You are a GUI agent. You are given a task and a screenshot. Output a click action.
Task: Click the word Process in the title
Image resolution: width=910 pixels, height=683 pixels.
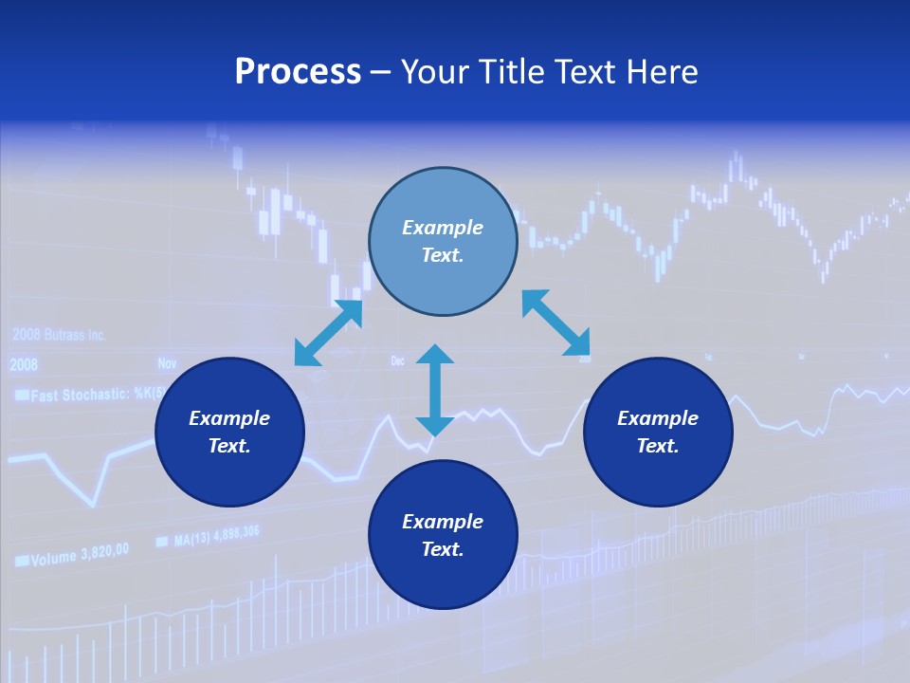click(298, 72)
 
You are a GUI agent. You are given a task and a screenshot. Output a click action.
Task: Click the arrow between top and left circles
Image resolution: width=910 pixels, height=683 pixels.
click(328, 332)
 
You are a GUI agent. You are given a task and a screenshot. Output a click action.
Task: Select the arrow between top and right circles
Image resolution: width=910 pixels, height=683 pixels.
click(556, 323)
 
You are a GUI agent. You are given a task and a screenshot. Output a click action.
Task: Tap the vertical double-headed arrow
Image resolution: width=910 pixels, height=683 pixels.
click(435, 390)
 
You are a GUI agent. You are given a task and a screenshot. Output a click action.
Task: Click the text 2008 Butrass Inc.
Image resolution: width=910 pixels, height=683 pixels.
click(59, 335)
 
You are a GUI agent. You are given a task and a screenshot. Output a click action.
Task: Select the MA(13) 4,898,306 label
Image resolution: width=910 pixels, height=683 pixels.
click(216, 537)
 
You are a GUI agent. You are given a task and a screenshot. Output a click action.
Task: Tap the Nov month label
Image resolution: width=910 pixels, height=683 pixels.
click(167, 363)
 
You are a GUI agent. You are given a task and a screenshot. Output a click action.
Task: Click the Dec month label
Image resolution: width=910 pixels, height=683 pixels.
click(398, 360)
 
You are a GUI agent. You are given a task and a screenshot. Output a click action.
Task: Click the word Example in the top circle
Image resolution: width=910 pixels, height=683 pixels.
click(443, 228)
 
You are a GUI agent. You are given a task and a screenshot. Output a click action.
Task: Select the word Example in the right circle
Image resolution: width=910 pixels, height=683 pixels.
click(658, 418)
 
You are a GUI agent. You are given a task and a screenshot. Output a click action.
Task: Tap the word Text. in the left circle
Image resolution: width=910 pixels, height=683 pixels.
click(229, 446)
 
